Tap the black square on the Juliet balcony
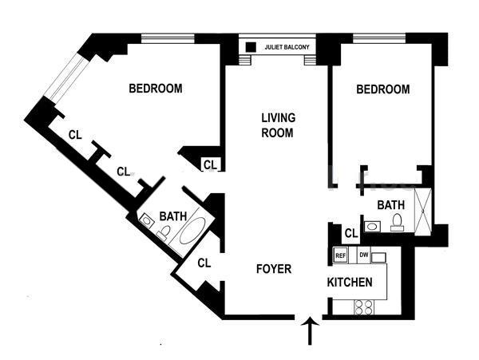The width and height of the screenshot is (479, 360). (x=251, y=47)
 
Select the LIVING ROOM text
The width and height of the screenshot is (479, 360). (x=278, y=125)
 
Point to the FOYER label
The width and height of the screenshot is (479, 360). (x=273, y=269)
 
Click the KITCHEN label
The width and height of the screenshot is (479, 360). (x=350, y=283)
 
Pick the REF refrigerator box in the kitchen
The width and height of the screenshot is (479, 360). (x=340, y=255)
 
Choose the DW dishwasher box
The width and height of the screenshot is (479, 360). (x=363, y=255)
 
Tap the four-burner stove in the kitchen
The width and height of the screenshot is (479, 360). (x=363, y=306)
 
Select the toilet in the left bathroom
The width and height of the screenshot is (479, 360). (x=164, y=233)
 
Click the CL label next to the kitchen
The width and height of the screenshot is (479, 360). (x=350, y=234)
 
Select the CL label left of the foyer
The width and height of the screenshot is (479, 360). (x=204, y=262)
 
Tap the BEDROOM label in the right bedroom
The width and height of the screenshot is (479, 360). (x=382, y=89)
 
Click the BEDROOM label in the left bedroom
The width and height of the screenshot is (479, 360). (x=156, y=89)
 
